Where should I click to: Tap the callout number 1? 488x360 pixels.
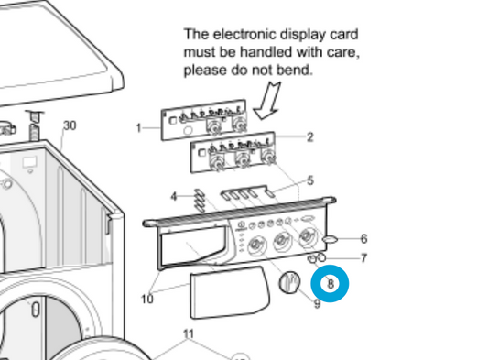(x=139, y=128)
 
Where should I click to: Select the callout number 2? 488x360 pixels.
(x=310, y=137)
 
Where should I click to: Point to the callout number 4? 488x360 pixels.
(x=174, y=197)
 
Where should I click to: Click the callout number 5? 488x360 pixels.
(x=310, y=180)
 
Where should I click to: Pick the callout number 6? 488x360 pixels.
(x=363, y=239)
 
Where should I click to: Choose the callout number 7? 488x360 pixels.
(x=363, y=258)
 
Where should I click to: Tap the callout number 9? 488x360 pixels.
(x=317, y=303)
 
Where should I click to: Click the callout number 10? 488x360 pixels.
(x=147, y=300)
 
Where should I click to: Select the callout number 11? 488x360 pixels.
(x=189, y=333)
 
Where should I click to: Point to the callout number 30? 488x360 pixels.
(x=70, y=125)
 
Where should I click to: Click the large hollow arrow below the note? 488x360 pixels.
(x=267, y=100)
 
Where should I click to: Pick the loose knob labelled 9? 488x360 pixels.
(x=289, y=282)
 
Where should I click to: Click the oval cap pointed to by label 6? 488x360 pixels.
(x=330, y=239)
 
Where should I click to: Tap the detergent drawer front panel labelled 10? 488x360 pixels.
(x=230, y=292)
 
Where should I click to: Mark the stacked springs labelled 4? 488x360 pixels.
(x=200, y=201)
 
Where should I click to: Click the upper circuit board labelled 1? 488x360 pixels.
(x=204, y=120)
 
